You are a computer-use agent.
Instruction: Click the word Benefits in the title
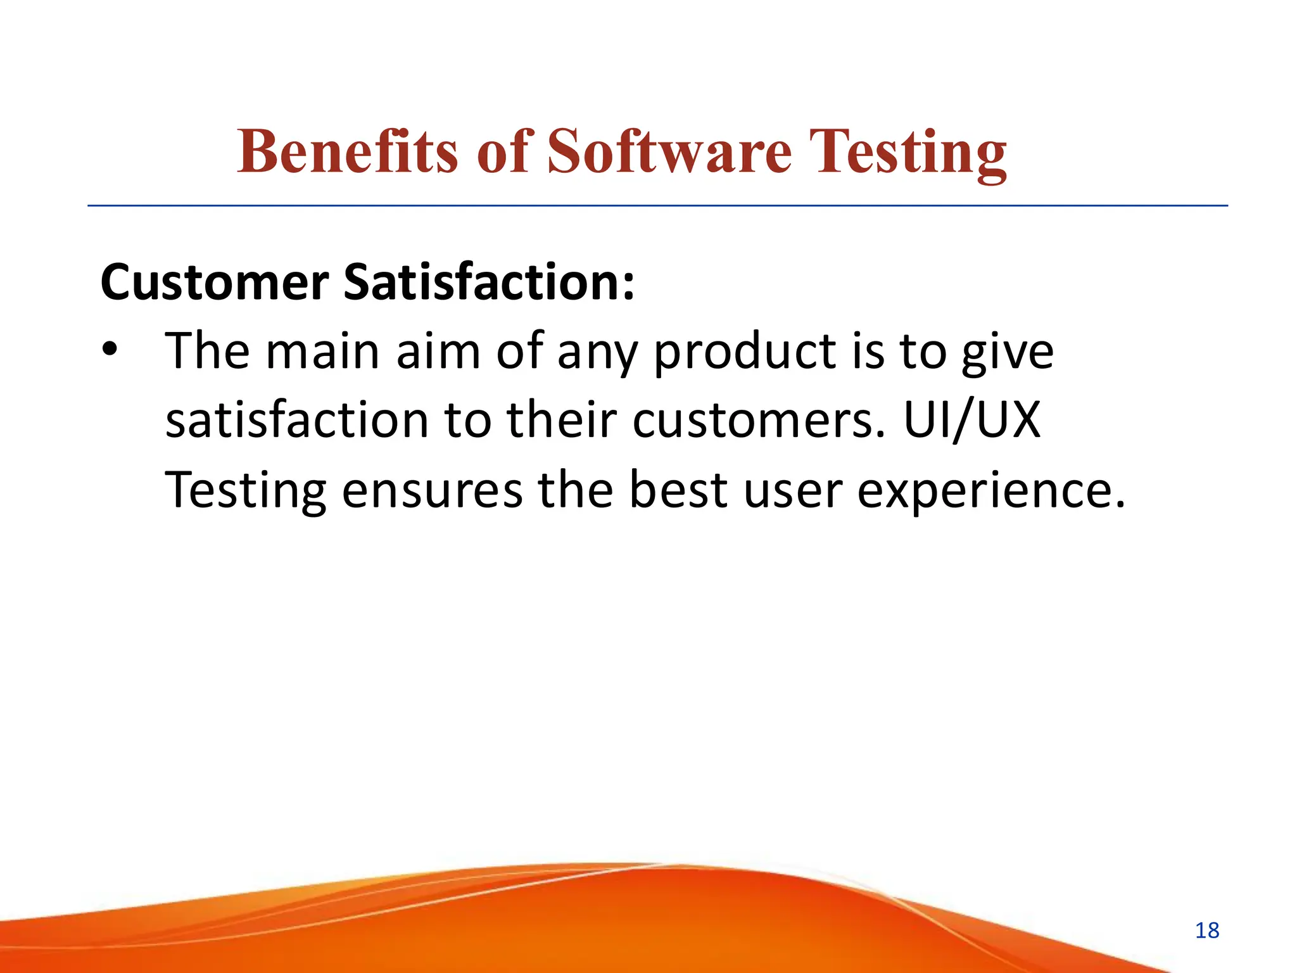click(x=347, y=152)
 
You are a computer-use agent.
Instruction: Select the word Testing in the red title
click(x=908, y=152)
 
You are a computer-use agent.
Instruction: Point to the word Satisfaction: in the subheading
click(x=488, y=282)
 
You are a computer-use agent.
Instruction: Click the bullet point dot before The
click(x=110, y=350)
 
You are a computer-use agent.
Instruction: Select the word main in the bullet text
click(x=322, y=352)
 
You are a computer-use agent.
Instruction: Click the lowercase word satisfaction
click(x=297, y=421)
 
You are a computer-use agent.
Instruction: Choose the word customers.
click(x=758, y=421)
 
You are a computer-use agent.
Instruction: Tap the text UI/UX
click(x=972, y=420)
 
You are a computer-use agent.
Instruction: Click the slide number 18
click(x=1207, y=931)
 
